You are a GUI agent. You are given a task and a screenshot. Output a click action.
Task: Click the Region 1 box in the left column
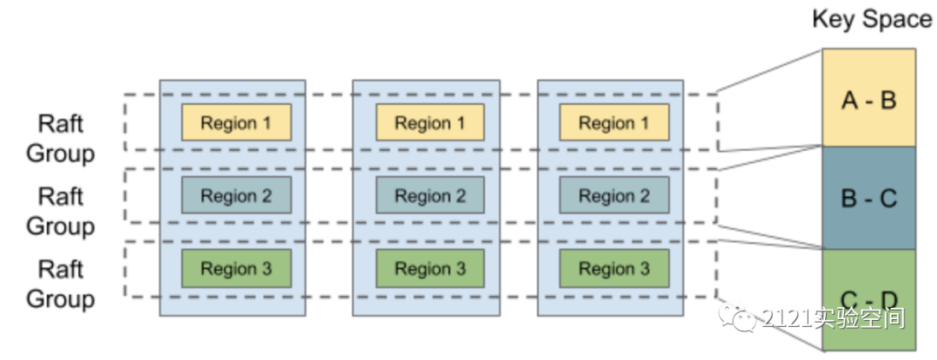236,123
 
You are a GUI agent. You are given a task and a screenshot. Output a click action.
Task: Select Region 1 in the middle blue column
430,123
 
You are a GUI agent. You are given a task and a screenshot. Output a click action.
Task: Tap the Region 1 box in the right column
614,123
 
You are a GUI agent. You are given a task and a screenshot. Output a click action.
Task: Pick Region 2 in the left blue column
236,196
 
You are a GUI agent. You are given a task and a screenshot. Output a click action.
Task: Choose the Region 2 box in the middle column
430,196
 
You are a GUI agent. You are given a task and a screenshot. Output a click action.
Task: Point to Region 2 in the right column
614,196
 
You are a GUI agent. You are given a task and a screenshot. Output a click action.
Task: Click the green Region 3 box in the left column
236,269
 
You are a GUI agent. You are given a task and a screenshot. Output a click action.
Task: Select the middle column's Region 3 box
430,269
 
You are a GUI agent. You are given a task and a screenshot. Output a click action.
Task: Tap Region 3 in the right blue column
614,269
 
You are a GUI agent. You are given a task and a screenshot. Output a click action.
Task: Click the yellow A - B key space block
868,98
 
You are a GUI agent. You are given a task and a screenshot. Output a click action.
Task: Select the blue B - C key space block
868,198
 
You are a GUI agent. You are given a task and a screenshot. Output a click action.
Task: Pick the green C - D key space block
868,299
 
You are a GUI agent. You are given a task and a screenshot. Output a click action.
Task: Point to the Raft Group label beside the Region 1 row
61,139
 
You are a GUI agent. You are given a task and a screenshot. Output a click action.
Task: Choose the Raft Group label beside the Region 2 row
61,212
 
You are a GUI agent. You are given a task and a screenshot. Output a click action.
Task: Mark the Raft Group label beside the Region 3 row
61,285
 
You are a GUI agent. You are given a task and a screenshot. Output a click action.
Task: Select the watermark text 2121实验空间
833,318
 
